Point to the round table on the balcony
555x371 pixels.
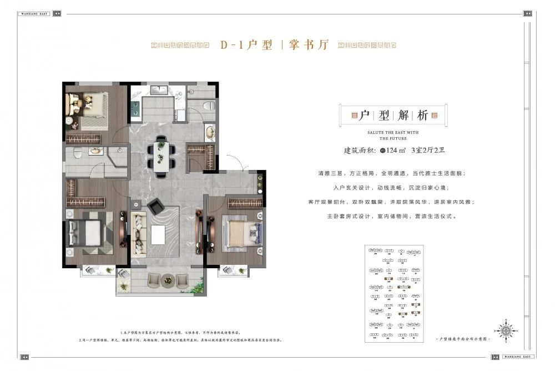coord(167,282)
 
